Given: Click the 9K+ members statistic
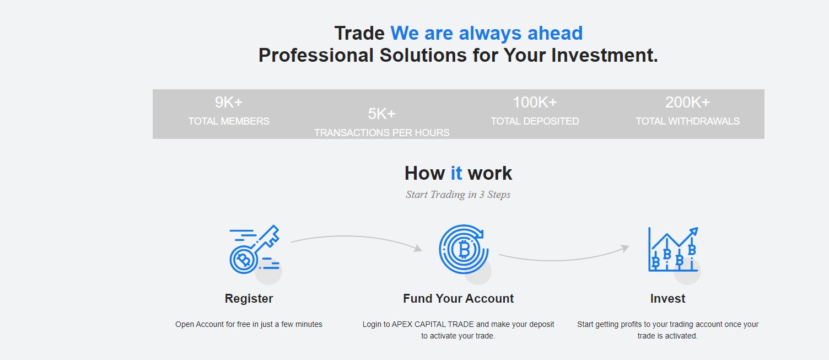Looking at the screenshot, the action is coord(229,103).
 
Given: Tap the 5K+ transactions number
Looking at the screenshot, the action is coord(381,114).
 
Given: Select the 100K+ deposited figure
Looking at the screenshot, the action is coord(535,103).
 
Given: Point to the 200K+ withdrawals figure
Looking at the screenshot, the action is coord(688,103).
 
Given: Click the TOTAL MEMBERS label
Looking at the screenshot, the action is coord(229,121).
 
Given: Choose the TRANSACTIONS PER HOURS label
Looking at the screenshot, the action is coord(381,133).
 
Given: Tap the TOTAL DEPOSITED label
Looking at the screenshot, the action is coord(535,121).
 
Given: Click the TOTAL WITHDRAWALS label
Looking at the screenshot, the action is coord(688,121).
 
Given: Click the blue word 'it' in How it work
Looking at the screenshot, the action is coord(456,173).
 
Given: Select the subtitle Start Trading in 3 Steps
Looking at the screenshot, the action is coord(458,195).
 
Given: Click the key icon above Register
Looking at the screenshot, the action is coord(255,249).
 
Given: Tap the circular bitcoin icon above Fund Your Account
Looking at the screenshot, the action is coord(464,249).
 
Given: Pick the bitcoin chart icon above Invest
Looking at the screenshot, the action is coord(673,249).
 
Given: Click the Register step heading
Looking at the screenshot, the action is coord(249,299).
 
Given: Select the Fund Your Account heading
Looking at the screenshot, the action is coord(458,299).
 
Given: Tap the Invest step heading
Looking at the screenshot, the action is coord(667,299).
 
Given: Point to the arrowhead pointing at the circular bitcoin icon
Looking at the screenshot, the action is coord(418,248).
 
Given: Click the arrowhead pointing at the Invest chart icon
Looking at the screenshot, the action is coord(625,248).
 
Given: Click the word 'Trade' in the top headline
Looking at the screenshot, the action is coord(360,33).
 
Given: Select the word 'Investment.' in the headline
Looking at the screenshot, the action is coord(604,56).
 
